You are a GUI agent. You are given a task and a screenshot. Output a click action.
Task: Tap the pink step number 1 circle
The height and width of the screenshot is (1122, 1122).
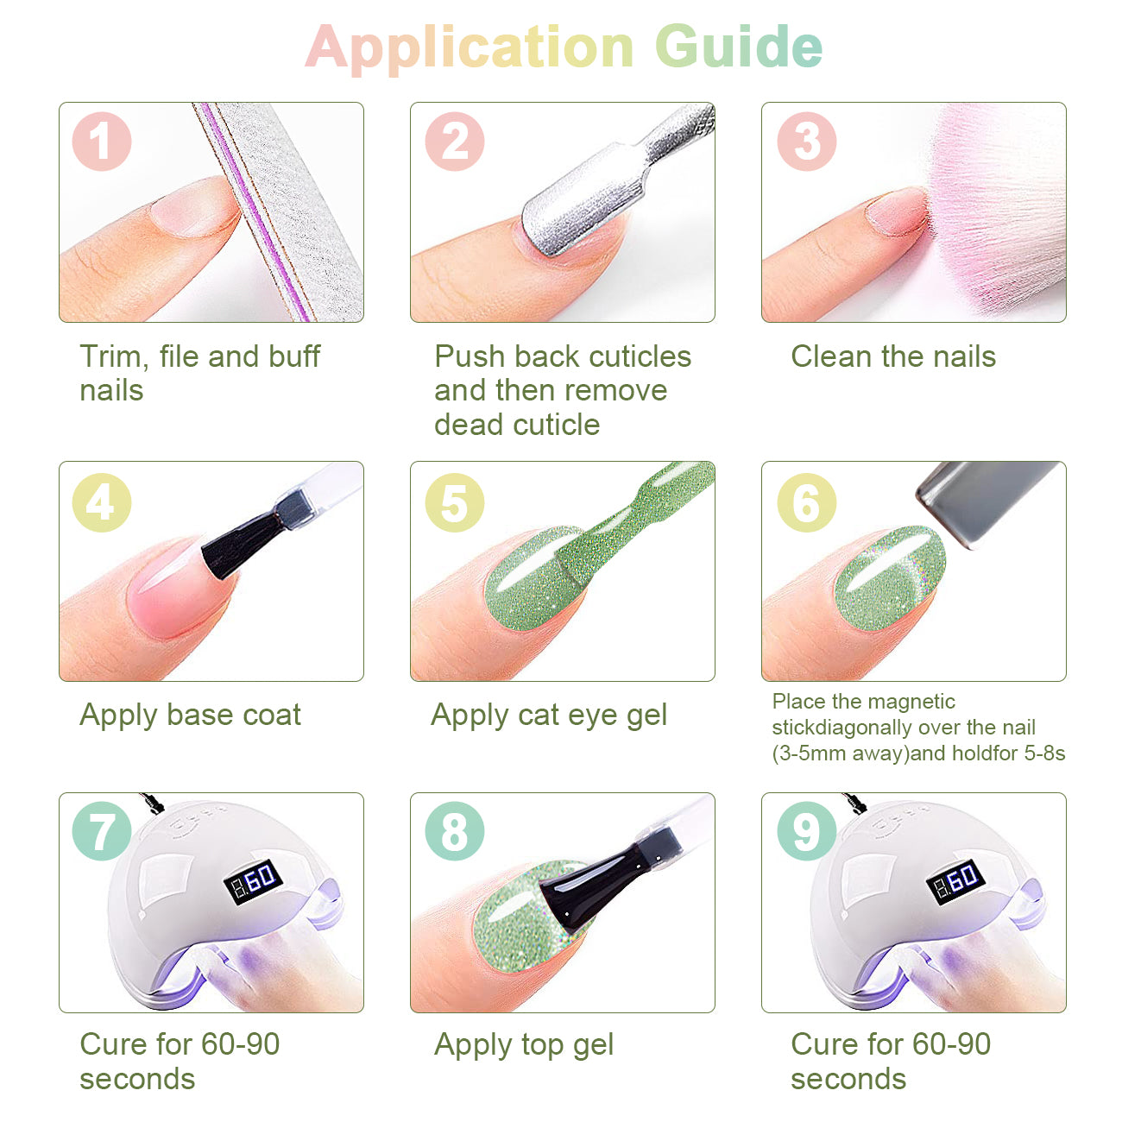coord(102,142)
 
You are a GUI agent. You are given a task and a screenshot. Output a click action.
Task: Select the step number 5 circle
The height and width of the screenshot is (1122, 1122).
coord(454,502)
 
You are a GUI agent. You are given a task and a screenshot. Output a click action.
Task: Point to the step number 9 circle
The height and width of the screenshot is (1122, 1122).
coord(807,831)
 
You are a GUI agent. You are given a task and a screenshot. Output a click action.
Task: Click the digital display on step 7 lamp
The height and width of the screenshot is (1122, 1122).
coord(253,881)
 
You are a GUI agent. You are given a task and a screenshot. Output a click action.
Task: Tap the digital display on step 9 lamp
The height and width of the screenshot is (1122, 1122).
coord(955,881)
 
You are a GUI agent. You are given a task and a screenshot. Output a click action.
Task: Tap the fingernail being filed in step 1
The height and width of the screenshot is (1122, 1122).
coord(193,207)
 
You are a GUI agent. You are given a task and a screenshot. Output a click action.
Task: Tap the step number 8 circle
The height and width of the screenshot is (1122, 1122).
coord(454,831)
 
